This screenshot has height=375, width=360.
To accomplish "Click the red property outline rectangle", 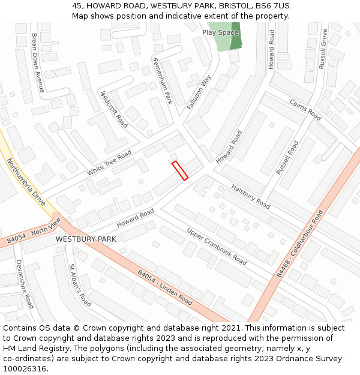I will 180,170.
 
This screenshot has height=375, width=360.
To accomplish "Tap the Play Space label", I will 220,32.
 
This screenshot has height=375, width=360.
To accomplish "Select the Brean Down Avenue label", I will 38,62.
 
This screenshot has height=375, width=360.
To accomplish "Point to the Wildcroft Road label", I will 114,109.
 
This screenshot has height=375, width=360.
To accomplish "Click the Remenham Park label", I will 163,81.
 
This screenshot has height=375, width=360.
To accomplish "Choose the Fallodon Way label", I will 199,92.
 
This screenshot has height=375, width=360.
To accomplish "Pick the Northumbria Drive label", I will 26,182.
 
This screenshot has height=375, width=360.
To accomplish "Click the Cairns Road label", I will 305,110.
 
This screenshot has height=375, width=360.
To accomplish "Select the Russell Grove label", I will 324,49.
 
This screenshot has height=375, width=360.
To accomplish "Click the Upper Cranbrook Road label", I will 217,246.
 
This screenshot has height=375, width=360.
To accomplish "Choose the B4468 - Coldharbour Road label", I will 300,243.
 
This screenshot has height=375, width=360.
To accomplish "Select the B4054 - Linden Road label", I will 165,287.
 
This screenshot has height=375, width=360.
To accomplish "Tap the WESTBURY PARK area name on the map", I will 86,239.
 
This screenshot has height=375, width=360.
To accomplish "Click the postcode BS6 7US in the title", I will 271,5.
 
